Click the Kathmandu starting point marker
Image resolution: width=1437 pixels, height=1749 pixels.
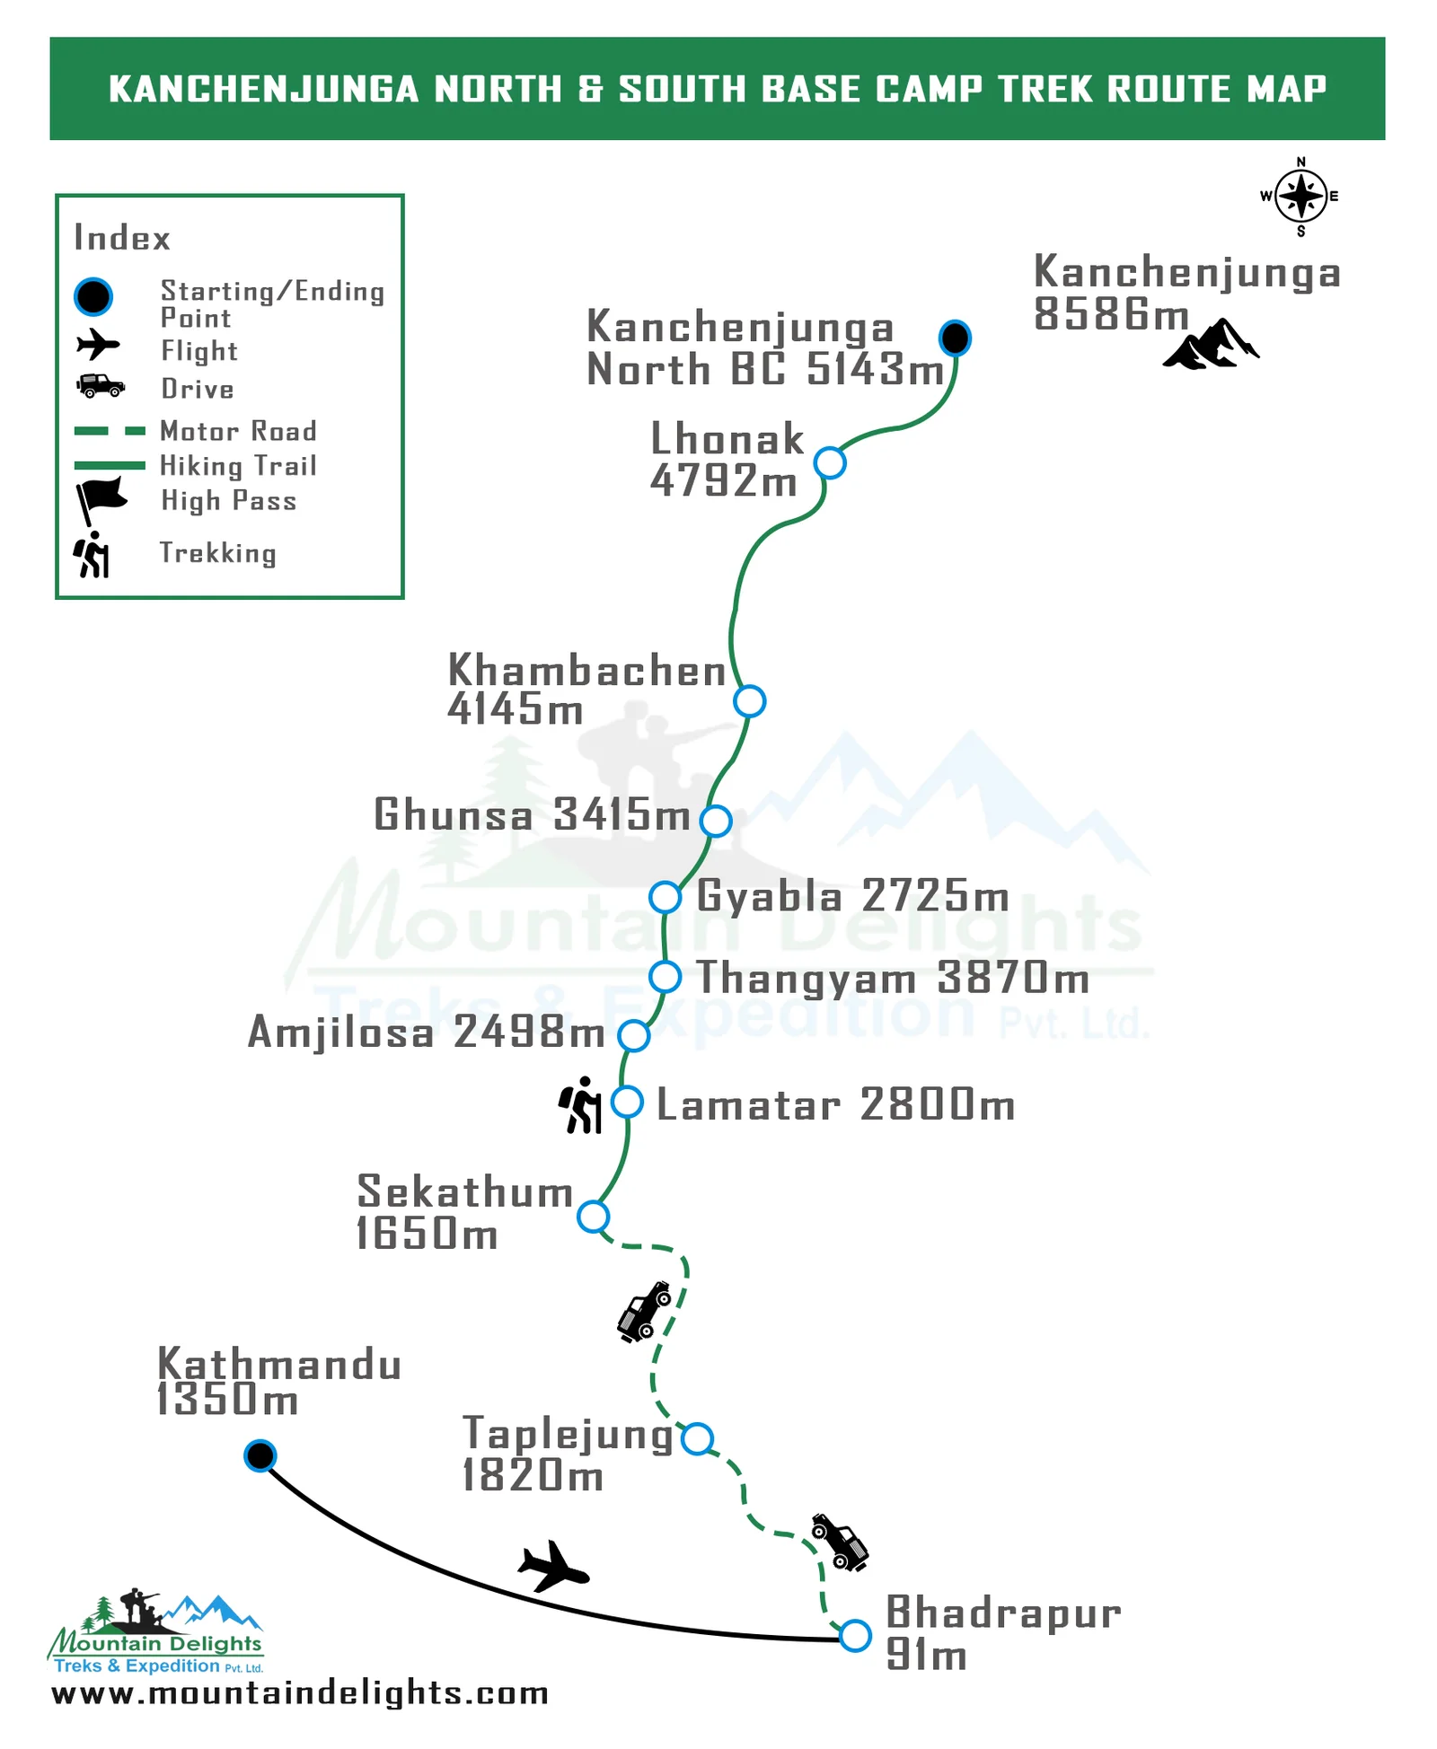pyautogui.click(x=260, y=1455)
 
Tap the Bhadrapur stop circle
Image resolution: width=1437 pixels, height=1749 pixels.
pyautogui.click(x=855, y=1635)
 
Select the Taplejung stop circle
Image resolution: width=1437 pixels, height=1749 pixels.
pyautogui.click(x=697, y=1438)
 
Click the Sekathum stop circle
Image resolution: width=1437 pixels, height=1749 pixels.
pyautogui.click(x=593, y=1217)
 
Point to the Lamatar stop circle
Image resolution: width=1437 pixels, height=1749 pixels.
pyautogui.click(x=627, y=1102)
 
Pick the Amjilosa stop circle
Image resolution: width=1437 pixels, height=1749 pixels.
pyautogui.click(x=634, y=1035)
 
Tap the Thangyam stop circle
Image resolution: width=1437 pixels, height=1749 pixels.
pyautogui.click(x=665, y=976)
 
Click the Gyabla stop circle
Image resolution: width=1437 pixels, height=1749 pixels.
pyautogui.click(x=665, y=896)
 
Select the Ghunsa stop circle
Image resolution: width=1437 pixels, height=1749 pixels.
pyautogui.click(x=716, y=821)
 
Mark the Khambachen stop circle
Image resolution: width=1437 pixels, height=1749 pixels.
pyautogui.click(x=749, y=701)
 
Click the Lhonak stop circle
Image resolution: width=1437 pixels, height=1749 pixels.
pyautogui.click(x=830, y=463)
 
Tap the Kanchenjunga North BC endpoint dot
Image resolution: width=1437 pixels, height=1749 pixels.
pyautogui.click(x=955, y=338)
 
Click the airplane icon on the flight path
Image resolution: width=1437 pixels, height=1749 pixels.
pyautogui.click(x=553, y=1567)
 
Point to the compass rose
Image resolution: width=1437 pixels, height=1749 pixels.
pyautogui.click(x=1300, y=196)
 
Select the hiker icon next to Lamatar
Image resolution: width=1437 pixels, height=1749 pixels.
pyautogui.click(x=581, y=1105)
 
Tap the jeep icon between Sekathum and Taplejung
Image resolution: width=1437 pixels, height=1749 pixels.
pyautogui.click(x=645, y=1312)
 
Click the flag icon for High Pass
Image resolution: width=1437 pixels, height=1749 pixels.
pyautogui.click(x=100, y=498)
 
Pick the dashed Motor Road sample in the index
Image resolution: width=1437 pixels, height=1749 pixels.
pyautogui.click(x=110, y=431)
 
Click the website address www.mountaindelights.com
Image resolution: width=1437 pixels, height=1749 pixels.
pyautogui.click(x=300, y=1693)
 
